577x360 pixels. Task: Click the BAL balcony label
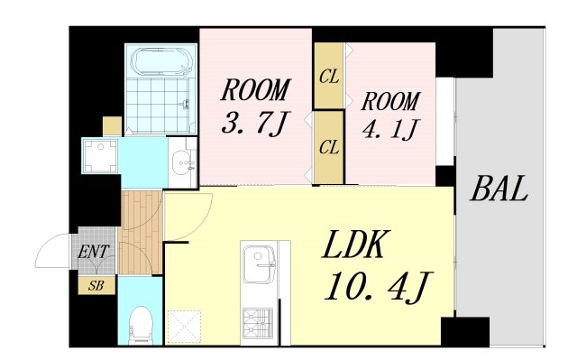coord(499,189)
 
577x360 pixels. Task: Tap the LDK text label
coord(354,244)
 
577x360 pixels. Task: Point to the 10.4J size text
coord(379,287)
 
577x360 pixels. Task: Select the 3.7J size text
coord(254,122)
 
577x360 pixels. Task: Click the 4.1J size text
coord(390,129)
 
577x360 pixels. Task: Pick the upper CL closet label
coord(328,77)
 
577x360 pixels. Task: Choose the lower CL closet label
coord(328,147)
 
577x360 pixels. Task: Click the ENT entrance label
coord(94,252)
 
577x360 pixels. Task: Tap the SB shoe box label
coord(96,285)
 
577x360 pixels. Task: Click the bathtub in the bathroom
coord(160,62)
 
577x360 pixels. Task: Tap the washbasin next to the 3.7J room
coord(183,162)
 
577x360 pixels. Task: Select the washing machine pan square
coord(100,156)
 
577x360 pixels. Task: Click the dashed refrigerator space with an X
coord(184,327)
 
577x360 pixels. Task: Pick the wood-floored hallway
coord(141,232)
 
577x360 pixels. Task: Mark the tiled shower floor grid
coord(158,106)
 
